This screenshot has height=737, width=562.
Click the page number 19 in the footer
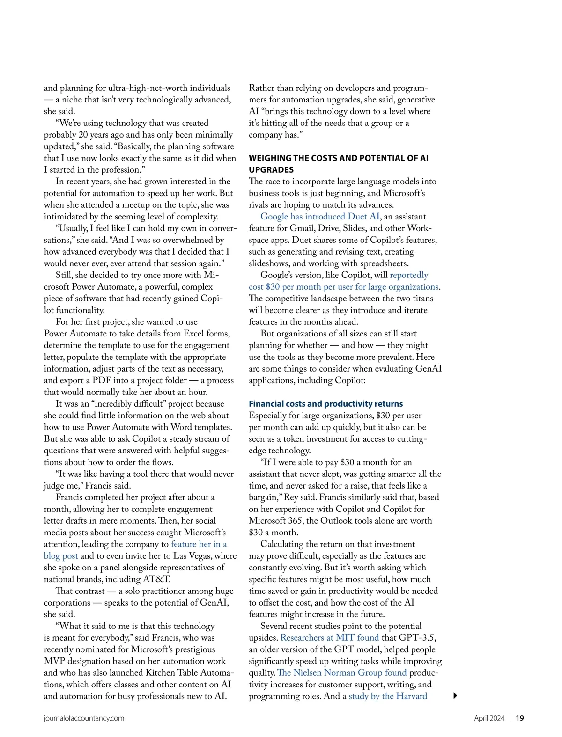point(520,718)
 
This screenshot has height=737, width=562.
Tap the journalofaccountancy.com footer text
point(84,718)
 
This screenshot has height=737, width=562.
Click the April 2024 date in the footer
point(489,718)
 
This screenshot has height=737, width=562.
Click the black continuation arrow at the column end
point(455,696)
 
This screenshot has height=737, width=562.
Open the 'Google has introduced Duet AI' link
point(320,217)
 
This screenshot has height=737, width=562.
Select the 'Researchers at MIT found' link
point(330,638)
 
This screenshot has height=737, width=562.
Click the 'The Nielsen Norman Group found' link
point(342,673)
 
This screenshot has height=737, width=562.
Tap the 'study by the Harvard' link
point(388,696)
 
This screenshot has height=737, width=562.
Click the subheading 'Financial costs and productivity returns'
point(325,404)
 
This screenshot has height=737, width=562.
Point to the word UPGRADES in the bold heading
point(271,170)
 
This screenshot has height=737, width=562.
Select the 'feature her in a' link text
point(199,544)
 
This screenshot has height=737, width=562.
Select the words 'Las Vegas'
point(193,556)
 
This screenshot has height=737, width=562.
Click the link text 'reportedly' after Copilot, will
point(409,275)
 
